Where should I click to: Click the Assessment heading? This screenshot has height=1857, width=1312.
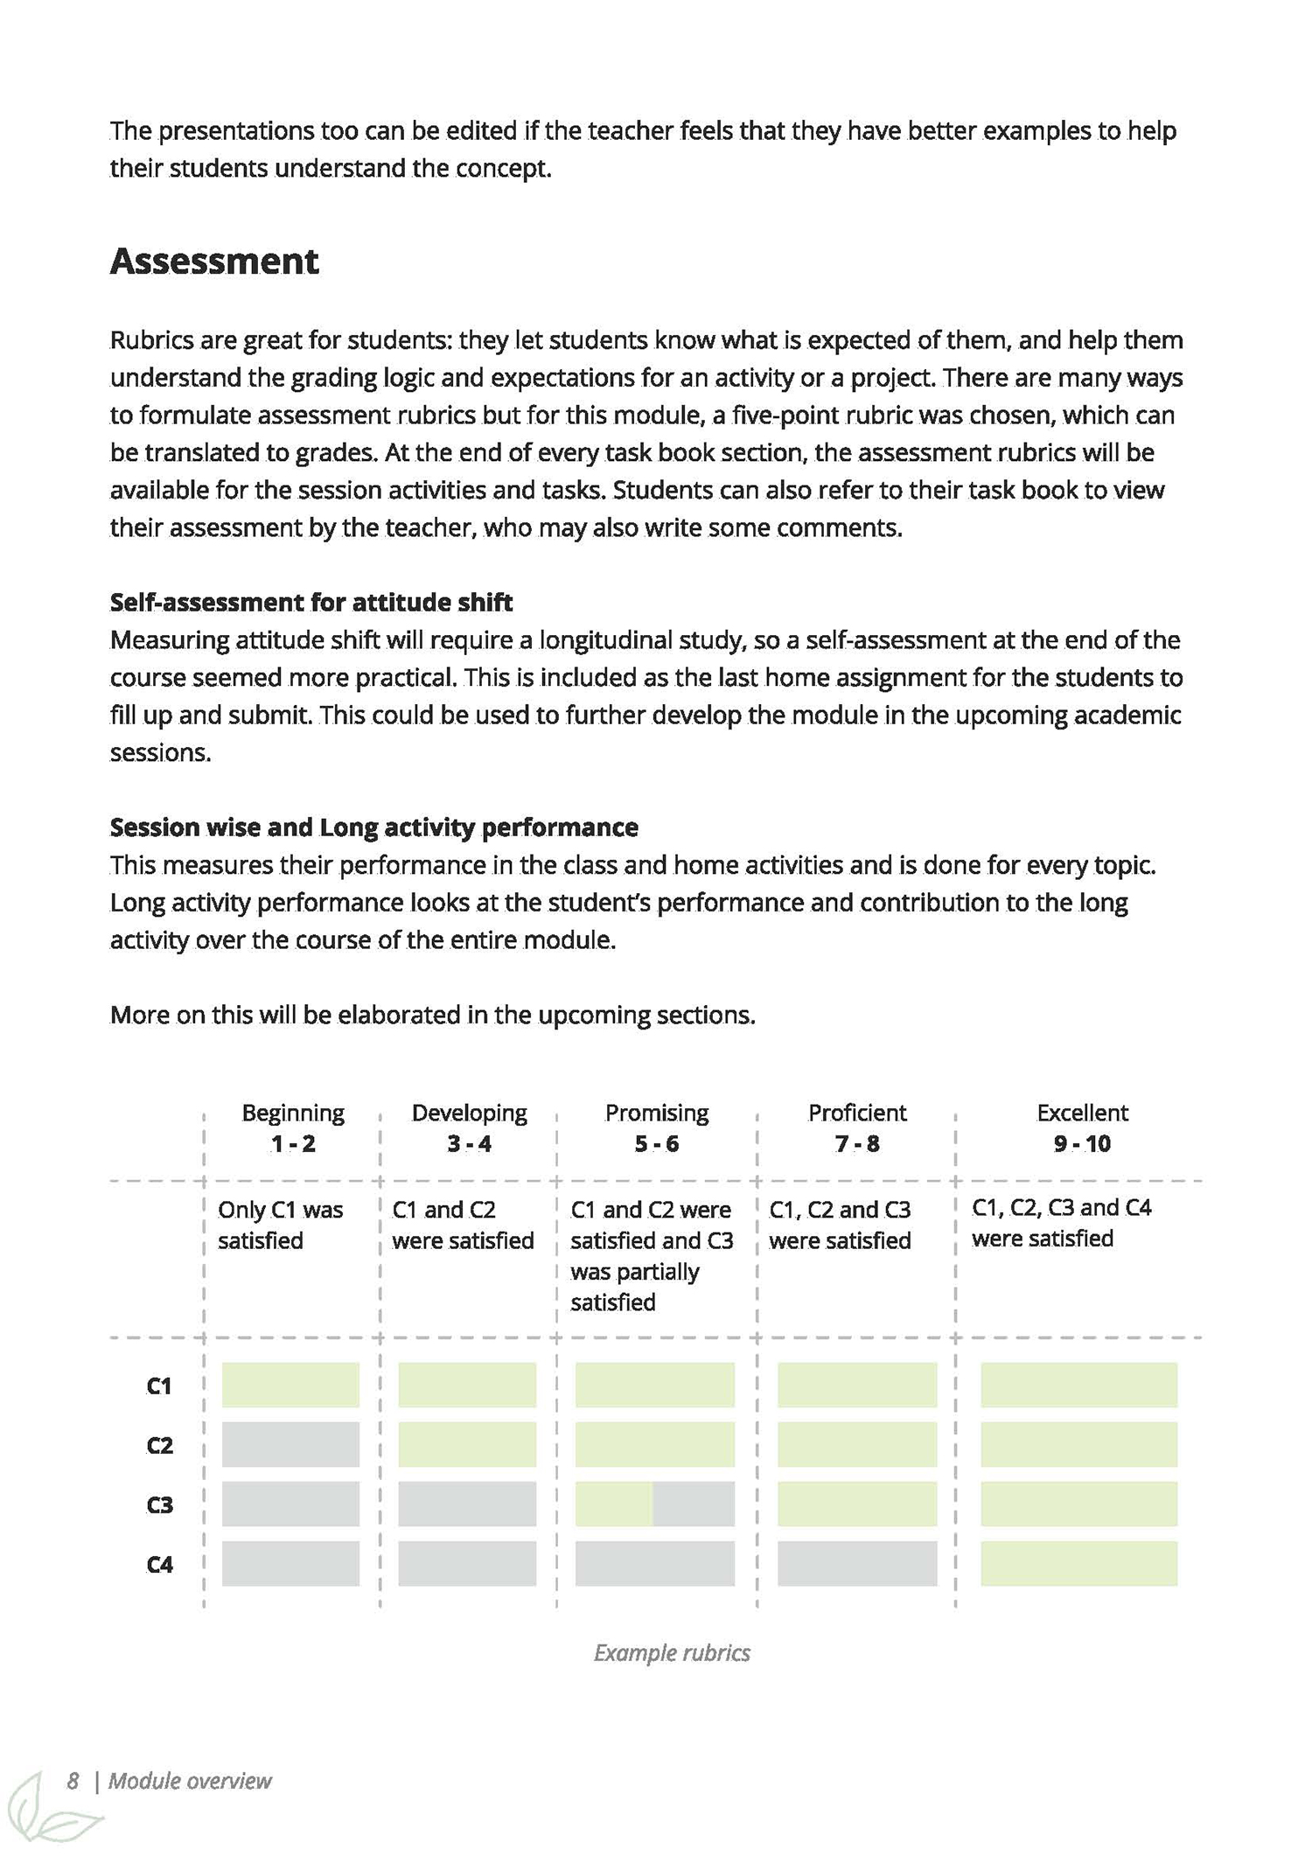(x=214, y=262)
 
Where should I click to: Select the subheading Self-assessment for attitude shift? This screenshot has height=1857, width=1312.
(x=311, y=602)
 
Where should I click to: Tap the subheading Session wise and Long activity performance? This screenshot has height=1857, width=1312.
(x=373, y=827)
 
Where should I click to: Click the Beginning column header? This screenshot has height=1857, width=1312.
(x=293, y=1113)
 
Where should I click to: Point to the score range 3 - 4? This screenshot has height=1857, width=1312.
(x=469, y=1143)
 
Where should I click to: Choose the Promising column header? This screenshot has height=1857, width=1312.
(x=656, y=1113)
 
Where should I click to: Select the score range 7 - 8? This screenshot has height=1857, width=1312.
(x=857, y=1143)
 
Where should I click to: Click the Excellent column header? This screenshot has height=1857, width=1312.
(x=1082, y=1113)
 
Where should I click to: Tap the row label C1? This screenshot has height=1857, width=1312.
(x=159, y=1386)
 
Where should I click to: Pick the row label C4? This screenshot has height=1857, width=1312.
(x=159, y=1564)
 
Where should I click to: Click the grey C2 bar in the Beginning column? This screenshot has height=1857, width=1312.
(x=290, y=1444)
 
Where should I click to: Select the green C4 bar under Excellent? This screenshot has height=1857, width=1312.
(x=1078, y=1563)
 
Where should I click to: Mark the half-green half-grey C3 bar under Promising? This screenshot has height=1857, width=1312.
(x=654, y=1504)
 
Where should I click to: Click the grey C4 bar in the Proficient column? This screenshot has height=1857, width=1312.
(x=856, y=1563)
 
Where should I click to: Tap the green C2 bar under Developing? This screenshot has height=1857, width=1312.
(x=467, y=1444)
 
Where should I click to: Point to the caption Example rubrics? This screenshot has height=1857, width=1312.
(x=672, y=1652)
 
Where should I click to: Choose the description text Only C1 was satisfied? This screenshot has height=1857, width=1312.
(x=280, y=1225)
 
